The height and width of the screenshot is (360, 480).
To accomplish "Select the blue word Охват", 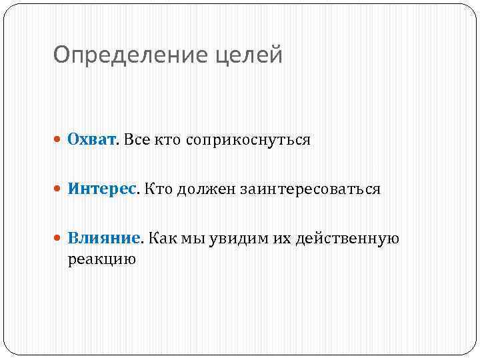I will point(92,140).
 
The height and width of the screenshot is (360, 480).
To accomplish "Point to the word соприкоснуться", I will point(249,141).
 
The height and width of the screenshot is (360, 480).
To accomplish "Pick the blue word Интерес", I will point(101,189).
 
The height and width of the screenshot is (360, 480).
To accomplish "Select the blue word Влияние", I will point(104,238).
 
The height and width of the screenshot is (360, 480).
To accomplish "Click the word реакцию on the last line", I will point(101,259).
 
